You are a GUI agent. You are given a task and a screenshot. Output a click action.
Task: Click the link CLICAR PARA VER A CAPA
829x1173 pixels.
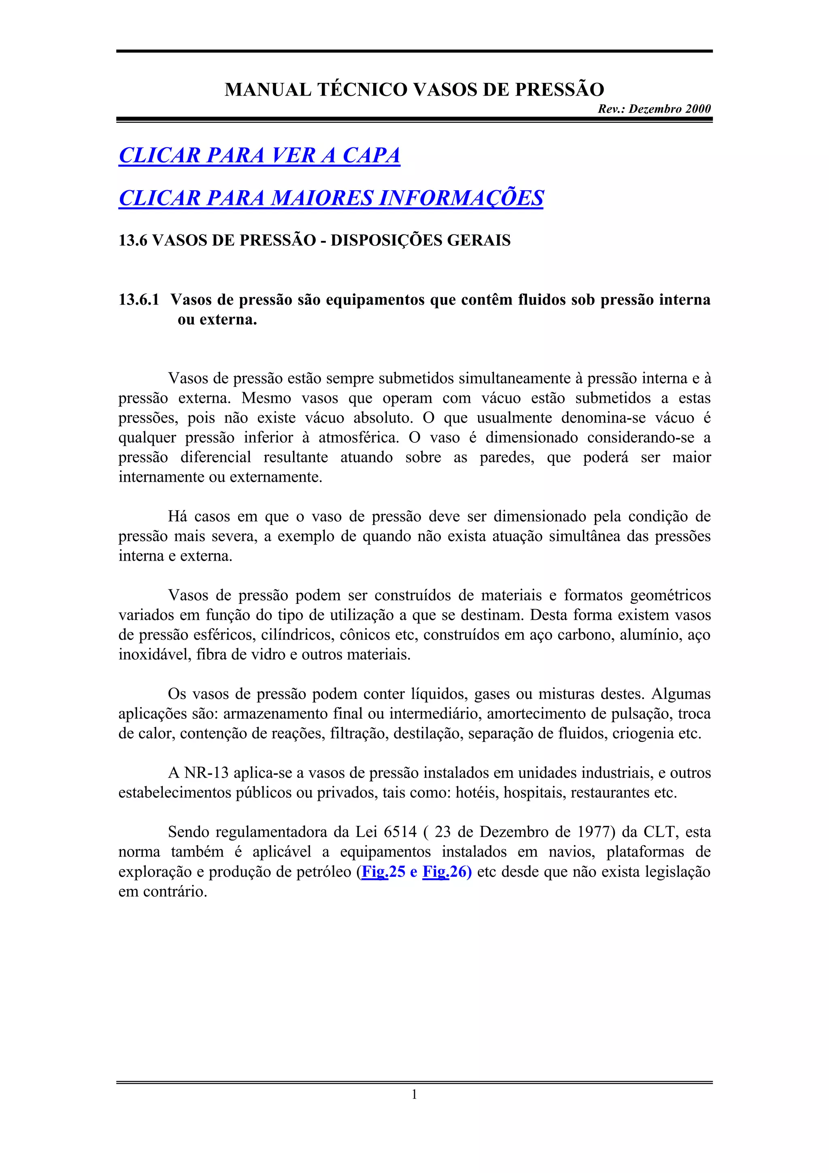pos(259,155)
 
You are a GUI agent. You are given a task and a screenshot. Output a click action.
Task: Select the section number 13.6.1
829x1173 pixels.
pos(138,300)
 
